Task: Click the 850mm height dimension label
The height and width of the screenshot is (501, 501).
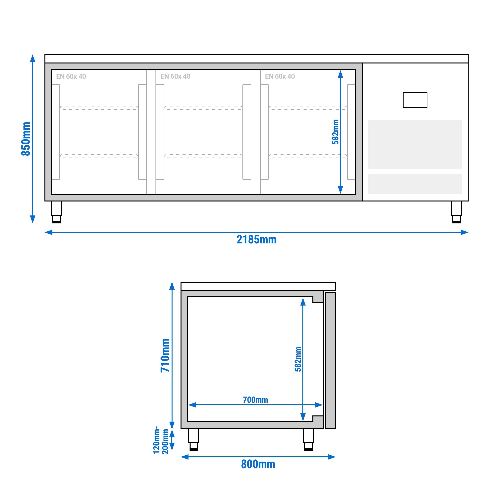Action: tap(26, 139)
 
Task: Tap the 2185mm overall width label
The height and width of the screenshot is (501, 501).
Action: tap(256, 240)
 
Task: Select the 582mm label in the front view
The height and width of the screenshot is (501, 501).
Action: tap(335, 132)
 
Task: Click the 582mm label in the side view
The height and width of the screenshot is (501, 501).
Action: tap(298, 359)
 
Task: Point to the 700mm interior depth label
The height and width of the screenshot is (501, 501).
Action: tap(255, 400)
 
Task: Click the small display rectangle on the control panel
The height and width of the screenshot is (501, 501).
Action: tap(415, 100)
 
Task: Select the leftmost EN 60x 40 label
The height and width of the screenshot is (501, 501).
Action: tap(71, 76)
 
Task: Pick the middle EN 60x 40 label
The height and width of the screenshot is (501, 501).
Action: tap(175, 76)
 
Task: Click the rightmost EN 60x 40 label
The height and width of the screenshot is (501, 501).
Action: tap(280, 76)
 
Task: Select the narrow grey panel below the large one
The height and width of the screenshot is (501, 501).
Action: tap(415, 184)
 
